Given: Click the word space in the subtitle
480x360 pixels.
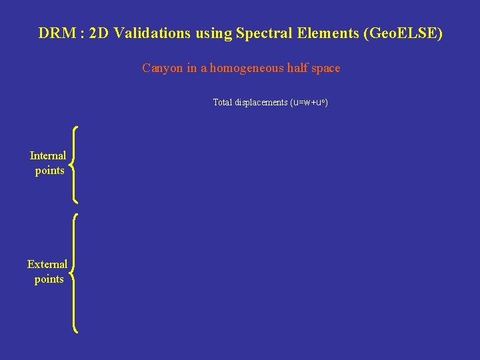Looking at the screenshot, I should pos(325,68).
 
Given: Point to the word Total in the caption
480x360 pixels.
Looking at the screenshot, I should pos(223,103).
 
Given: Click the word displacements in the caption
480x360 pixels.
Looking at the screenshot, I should pos(261,103).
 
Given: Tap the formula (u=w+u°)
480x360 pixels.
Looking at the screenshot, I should pos(309,103).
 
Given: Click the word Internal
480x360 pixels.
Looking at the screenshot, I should pos(48,156).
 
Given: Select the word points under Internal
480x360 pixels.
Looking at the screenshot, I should pos(50,171).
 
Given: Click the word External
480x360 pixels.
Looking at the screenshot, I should pos(47,265).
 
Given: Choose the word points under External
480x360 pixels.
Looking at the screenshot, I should pos(49,279).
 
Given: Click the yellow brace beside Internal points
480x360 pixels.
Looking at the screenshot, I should pos(74,165).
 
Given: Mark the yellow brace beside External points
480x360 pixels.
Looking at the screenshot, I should pos(74,272).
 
